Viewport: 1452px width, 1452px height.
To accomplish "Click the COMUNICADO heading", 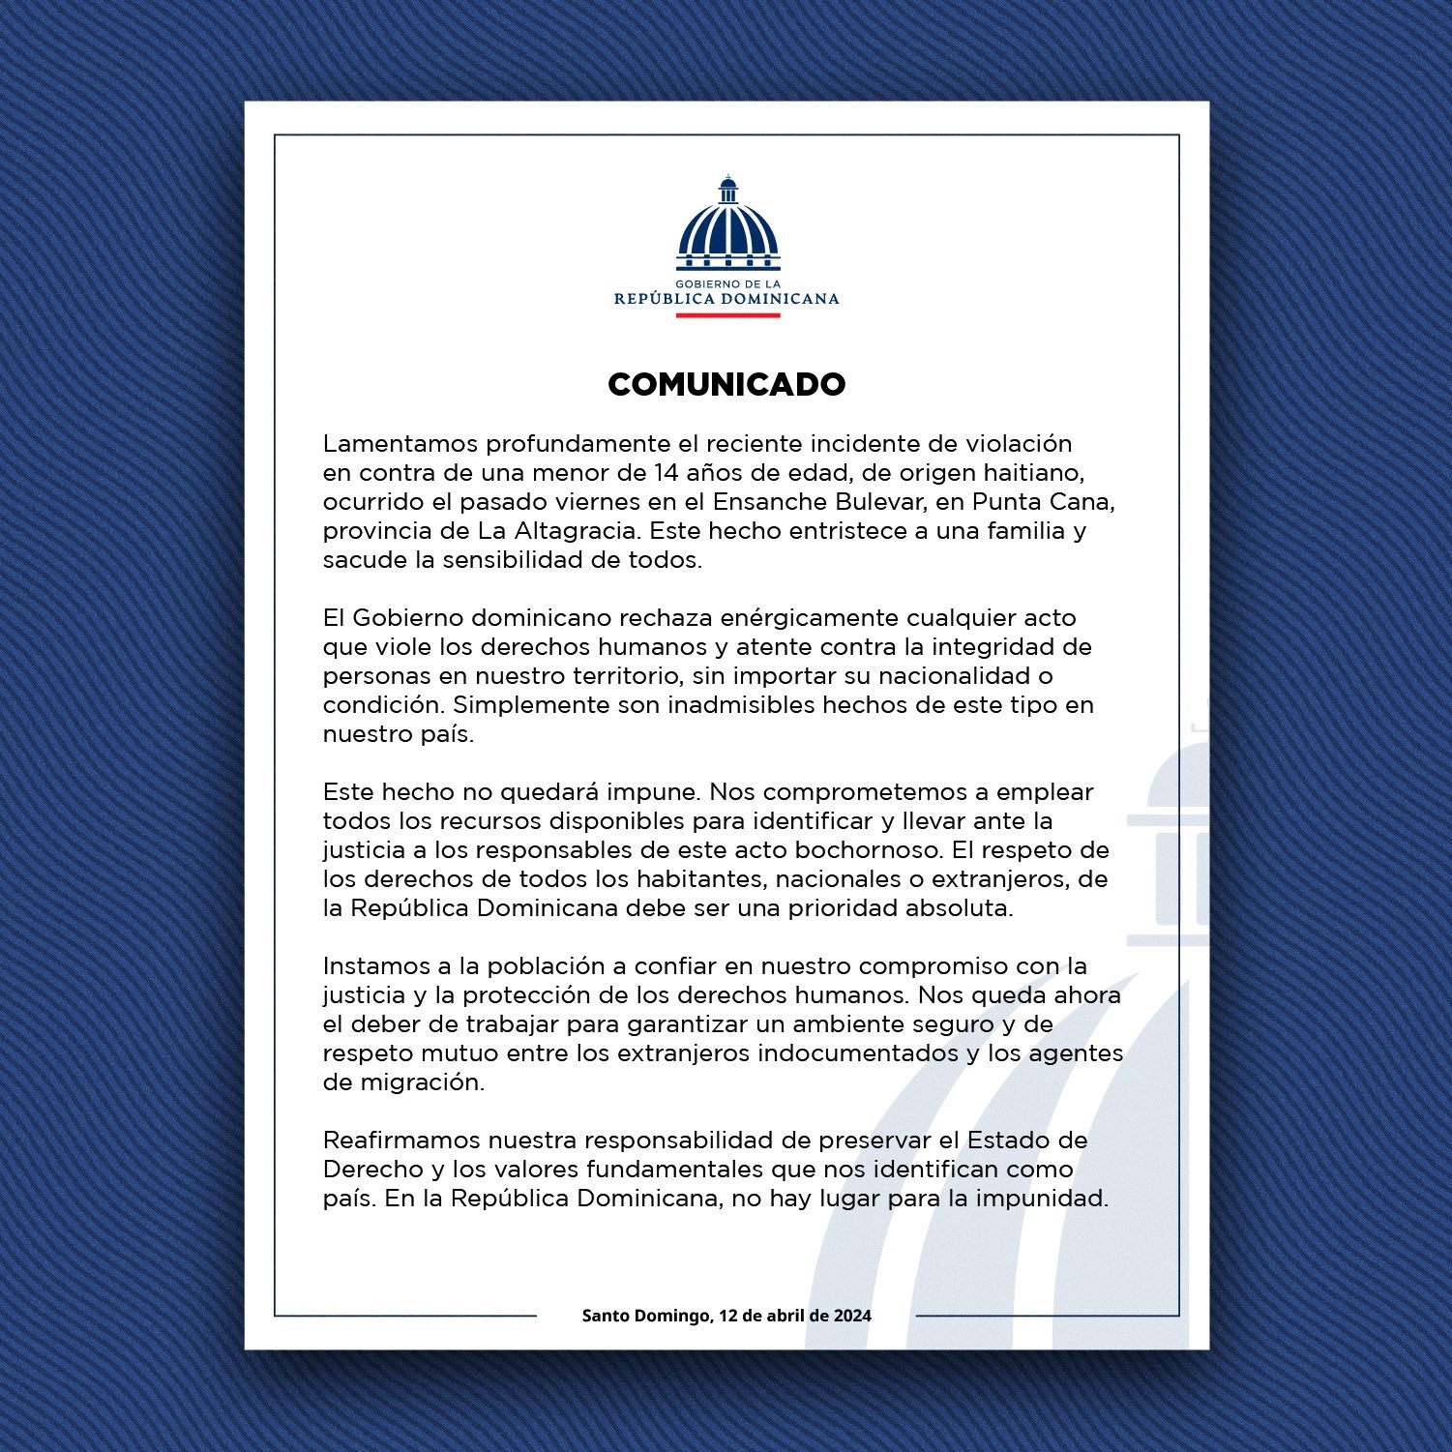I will (726, 384).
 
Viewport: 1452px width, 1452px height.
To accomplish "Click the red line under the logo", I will (727, 315).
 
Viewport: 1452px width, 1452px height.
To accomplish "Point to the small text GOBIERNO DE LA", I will (727, 284).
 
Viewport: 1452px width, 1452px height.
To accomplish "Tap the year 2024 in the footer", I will (852, 1316).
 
